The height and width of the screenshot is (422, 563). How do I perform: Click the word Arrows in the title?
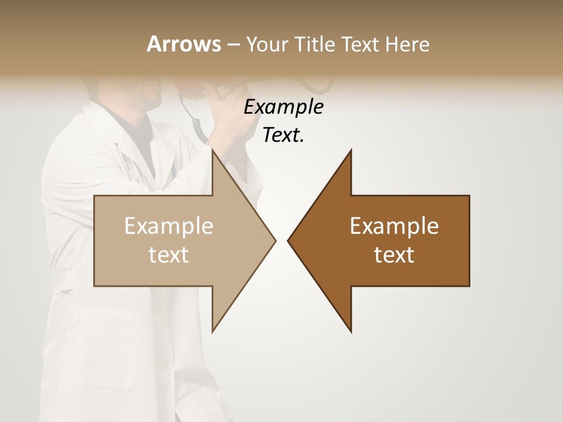184,44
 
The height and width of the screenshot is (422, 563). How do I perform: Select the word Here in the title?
407,44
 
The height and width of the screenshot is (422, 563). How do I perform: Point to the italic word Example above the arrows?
283,107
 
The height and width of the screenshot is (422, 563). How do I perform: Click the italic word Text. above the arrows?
283,135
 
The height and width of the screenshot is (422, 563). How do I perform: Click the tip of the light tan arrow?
274,240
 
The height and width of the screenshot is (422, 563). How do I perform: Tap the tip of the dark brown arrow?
289,240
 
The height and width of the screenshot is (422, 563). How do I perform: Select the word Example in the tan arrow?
169,226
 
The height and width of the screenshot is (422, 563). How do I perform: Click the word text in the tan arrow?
169,255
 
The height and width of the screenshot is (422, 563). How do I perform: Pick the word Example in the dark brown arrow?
394,226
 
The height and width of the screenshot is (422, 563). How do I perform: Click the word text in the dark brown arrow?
394,255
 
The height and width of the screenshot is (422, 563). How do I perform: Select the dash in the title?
233,45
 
